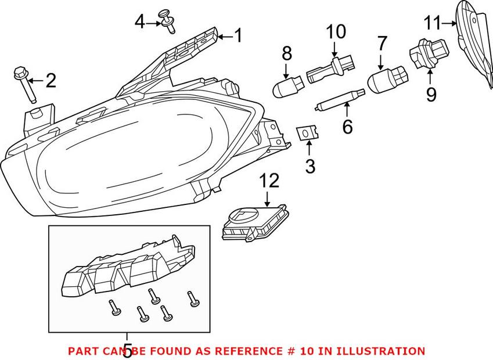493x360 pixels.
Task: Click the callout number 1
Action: click(237, 36)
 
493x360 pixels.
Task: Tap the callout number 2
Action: click(51, 81)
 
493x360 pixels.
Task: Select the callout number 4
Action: click(139, 23)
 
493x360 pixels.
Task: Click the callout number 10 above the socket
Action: click(335, 31)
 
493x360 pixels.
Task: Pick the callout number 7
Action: click(382, 43)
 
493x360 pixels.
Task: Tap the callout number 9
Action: click(430, 94)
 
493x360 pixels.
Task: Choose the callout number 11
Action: click(433, 24)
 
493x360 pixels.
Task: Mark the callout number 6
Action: click(347, 127)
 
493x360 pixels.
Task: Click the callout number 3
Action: click(310, 167)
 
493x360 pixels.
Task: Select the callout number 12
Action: click(269, 181)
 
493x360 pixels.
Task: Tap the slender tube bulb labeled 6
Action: click(340, 99)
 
